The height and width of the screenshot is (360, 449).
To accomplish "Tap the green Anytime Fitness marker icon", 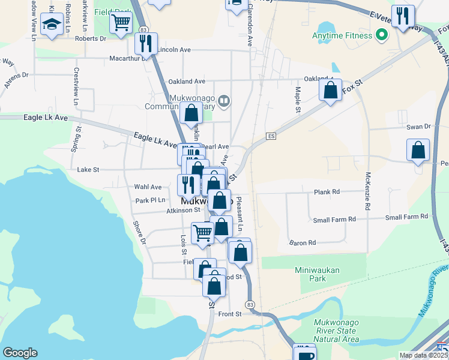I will pyautogui.click(x=380, y=35).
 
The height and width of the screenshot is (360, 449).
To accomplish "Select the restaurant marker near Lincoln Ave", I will pyautogui.click(x=146, y=44).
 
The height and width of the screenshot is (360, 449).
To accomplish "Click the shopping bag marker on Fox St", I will pyautogui.click(x=330, y=91).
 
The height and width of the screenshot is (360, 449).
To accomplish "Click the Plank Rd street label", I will pyautogui.click(x=327, y=192).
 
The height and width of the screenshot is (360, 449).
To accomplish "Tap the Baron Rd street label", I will pyautogui.click(x=303, y=243).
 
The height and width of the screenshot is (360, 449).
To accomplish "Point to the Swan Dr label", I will pyautogui.click(x=419, y=127).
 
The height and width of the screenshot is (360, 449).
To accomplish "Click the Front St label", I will pyautogui.click(x=230, y=314).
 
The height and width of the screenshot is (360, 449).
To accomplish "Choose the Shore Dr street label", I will pyautogui.click(x=139, y=233).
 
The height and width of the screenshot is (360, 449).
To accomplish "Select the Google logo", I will pyautogui.click(x=20, y=353).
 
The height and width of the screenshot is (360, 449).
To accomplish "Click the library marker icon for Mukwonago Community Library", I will pyautogui.click(x=224, y=100).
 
